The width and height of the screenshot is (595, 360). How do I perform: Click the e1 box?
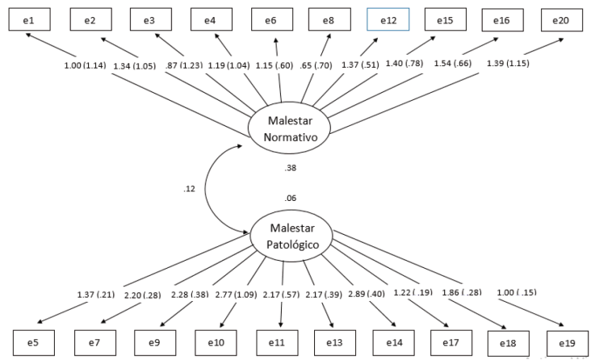(x=32, y=19)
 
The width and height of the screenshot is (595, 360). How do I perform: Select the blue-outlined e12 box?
(x=388, y=19)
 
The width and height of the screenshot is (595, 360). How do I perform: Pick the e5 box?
(x=32, y=342)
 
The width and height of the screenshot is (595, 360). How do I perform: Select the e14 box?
(x=394, y=342)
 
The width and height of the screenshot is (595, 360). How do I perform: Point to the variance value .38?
(x=291, y=169)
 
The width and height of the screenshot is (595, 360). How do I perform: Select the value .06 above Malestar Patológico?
(x=291, y=198)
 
